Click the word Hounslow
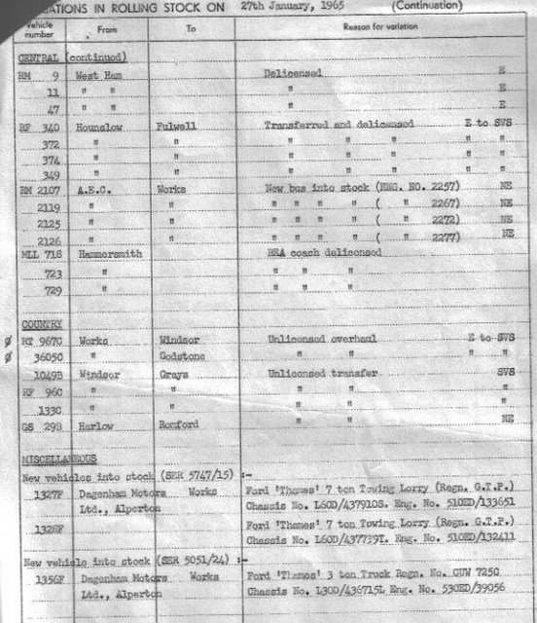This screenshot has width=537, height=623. [x=103, y=127]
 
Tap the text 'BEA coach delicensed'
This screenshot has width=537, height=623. [x=324, y=253]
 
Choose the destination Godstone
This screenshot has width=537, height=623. [x=180, y=356]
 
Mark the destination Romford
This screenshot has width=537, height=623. [x=180, y=424]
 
